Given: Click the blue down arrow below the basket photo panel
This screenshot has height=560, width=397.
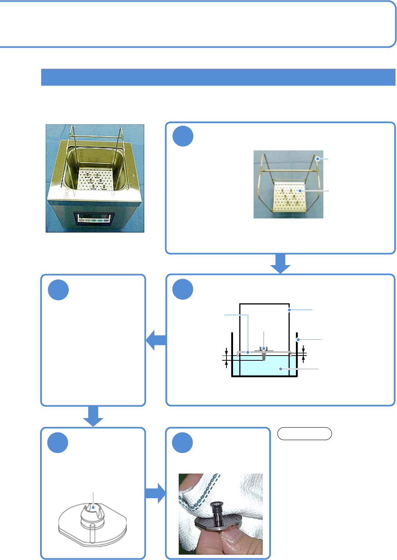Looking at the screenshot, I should [280, 263].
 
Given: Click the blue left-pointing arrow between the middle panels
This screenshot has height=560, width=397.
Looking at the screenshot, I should [156, 340].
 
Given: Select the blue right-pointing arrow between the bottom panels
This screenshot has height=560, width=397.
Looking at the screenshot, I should [156, 493].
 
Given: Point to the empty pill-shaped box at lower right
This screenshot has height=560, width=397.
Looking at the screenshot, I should [304, 434].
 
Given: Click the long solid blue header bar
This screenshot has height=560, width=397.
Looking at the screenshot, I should [218, 77].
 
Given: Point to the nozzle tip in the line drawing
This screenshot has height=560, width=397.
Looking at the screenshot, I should [93, 507].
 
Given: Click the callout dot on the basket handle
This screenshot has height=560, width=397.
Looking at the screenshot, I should [317, 159].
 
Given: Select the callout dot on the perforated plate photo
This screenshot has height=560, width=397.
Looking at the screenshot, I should [300, 191].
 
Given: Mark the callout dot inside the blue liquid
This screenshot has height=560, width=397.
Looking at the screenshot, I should [280, 368].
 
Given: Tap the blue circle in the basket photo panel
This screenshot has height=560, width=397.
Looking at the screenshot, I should [183, 136].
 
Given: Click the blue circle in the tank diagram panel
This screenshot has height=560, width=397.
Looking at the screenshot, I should [183, 289].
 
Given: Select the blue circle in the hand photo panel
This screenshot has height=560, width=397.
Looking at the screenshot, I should [182, 442].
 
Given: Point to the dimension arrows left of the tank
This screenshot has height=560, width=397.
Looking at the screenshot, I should [226, 357].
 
